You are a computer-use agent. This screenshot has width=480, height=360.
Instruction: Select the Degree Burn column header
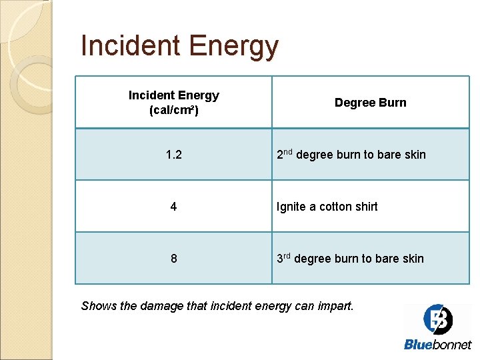(x=370, y=103)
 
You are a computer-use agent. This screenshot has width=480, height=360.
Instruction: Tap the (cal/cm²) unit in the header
(x=173, y=109)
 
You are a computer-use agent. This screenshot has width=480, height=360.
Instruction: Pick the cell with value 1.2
(x=173, y=155)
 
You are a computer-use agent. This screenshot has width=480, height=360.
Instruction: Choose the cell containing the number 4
(x=173, y=207)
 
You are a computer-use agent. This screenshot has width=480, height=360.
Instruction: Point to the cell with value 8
(x=173, y=259)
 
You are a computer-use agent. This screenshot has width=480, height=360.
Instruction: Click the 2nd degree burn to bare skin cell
(x=351, y=155)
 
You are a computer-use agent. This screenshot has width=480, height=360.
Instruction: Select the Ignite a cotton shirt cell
(x=327, y=207)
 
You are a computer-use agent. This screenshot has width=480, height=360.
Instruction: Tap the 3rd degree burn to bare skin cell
(x=351, y=259)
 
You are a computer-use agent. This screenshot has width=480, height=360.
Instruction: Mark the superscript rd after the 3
(x=287, y=255)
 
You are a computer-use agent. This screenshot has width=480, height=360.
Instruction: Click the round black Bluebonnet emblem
(x=437, y=319)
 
